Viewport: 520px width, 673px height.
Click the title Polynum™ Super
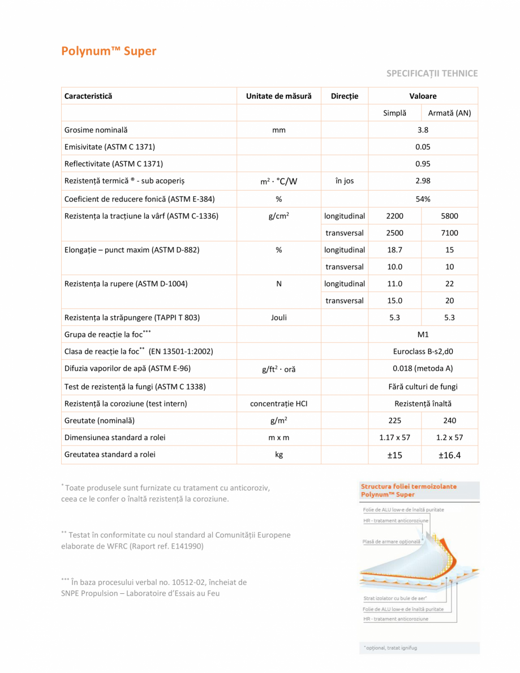pos(109,51)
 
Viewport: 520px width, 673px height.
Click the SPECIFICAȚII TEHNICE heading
pos(432,73)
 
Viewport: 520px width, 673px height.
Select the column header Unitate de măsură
pos(278,96)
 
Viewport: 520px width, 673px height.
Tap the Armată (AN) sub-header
pos(449,113)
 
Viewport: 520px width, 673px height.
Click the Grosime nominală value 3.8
pos(423,130)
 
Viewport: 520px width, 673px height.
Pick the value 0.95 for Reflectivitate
pos(423,164)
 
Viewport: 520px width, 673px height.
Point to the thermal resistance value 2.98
pos(423,181)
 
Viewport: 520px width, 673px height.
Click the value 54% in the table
pos(423,199)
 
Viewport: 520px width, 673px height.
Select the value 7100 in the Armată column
pos(449,233)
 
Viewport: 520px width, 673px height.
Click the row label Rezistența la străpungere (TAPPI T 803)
pos(131,318)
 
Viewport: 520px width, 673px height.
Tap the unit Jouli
pos(278,318)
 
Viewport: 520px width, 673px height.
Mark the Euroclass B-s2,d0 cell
pos(423,352)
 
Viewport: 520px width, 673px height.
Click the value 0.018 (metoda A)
pos(423,369)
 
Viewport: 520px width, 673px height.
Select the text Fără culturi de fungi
pos(423,387)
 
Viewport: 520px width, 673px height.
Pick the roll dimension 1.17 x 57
pos(394,438)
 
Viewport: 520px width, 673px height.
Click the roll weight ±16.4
pos(449,455)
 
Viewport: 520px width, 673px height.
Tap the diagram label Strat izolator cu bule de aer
pos(395,598)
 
